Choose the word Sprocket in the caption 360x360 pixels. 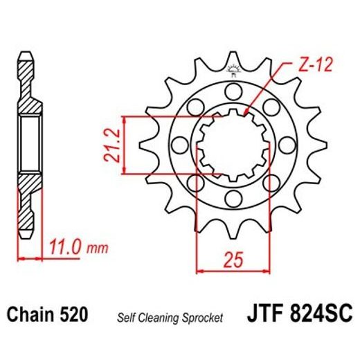point(204,318)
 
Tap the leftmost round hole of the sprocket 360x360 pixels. point(178,145)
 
